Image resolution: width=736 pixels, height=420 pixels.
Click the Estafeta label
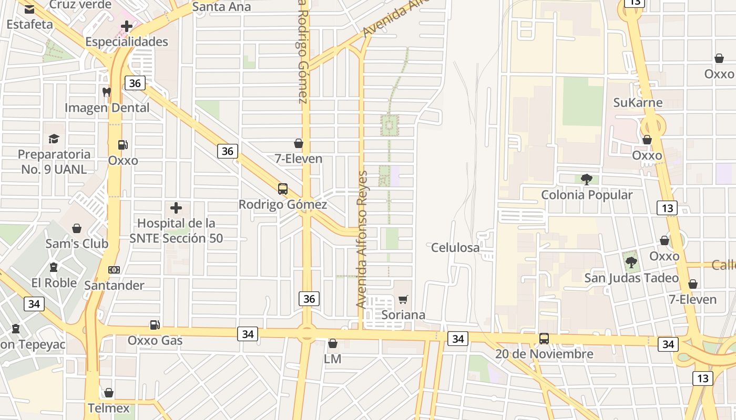coord(29,24)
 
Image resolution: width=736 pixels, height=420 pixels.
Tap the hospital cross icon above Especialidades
coord(127,26)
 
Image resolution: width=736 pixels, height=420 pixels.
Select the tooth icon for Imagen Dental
coord(107,92)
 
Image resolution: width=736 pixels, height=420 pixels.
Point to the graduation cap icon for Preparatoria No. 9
coord(54,139)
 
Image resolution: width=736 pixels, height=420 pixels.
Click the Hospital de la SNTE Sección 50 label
coord(176,230)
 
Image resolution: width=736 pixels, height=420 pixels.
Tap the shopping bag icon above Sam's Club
coord(77,228)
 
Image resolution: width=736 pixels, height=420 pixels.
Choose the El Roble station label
coord(54,282)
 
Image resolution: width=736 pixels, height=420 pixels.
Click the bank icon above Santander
coord(114,270)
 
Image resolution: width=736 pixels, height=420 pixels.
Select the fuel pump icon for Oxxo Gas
coord(155,325)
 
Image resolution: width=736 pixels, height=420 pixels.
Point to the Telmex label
coord(109,408)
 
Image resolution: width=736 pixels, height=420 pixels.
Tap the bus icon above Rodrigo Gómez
coord(283,189)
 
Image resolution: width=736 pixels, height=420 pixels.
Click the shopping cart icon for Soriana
coord(403,300)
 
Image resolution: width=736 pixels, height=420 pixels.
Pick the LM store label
coord(332,359)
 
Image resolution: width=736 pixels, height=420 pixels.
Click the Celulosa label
coord(455,247)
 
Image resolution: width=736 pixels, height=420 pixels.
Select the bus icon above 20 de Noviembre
coord(544,339)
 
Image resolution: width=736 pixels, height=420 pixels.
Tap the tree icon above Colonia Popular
coord(587,180)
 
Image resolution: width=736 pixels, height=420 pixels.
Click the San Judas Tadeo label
coord(631,278)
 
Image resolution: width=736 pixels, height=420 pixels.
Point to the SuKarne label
coord(638,102)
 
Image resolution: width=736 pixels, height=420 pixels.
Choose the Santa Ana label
coord(221,7)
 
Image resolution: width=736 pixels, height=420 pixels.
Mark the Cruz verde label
coord(80,5)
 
